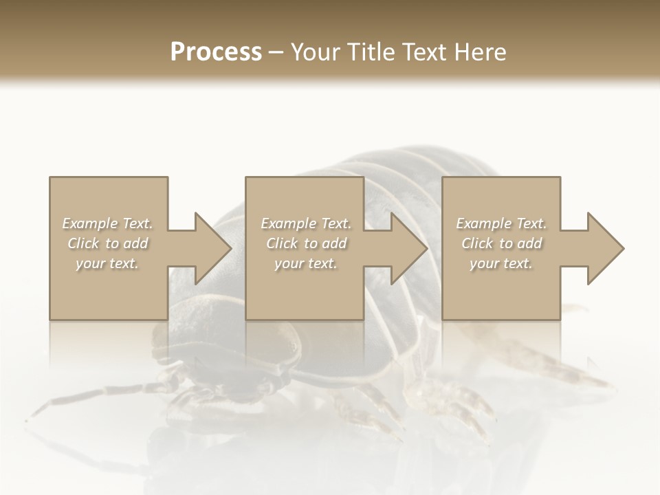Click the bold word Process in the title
point(216,52)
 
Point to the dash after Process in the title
point(276,53)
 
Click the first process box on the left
point(109,296)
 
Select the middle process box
point(305,296)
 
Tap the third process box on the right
point(500,296)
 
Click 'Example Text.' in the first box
point(108,223)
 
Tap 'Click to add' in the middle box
point(306,243)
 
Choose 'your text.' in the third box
point(501,263)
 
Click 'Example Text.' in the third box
point(501,223)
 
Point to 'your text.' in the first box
point(107,263)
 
